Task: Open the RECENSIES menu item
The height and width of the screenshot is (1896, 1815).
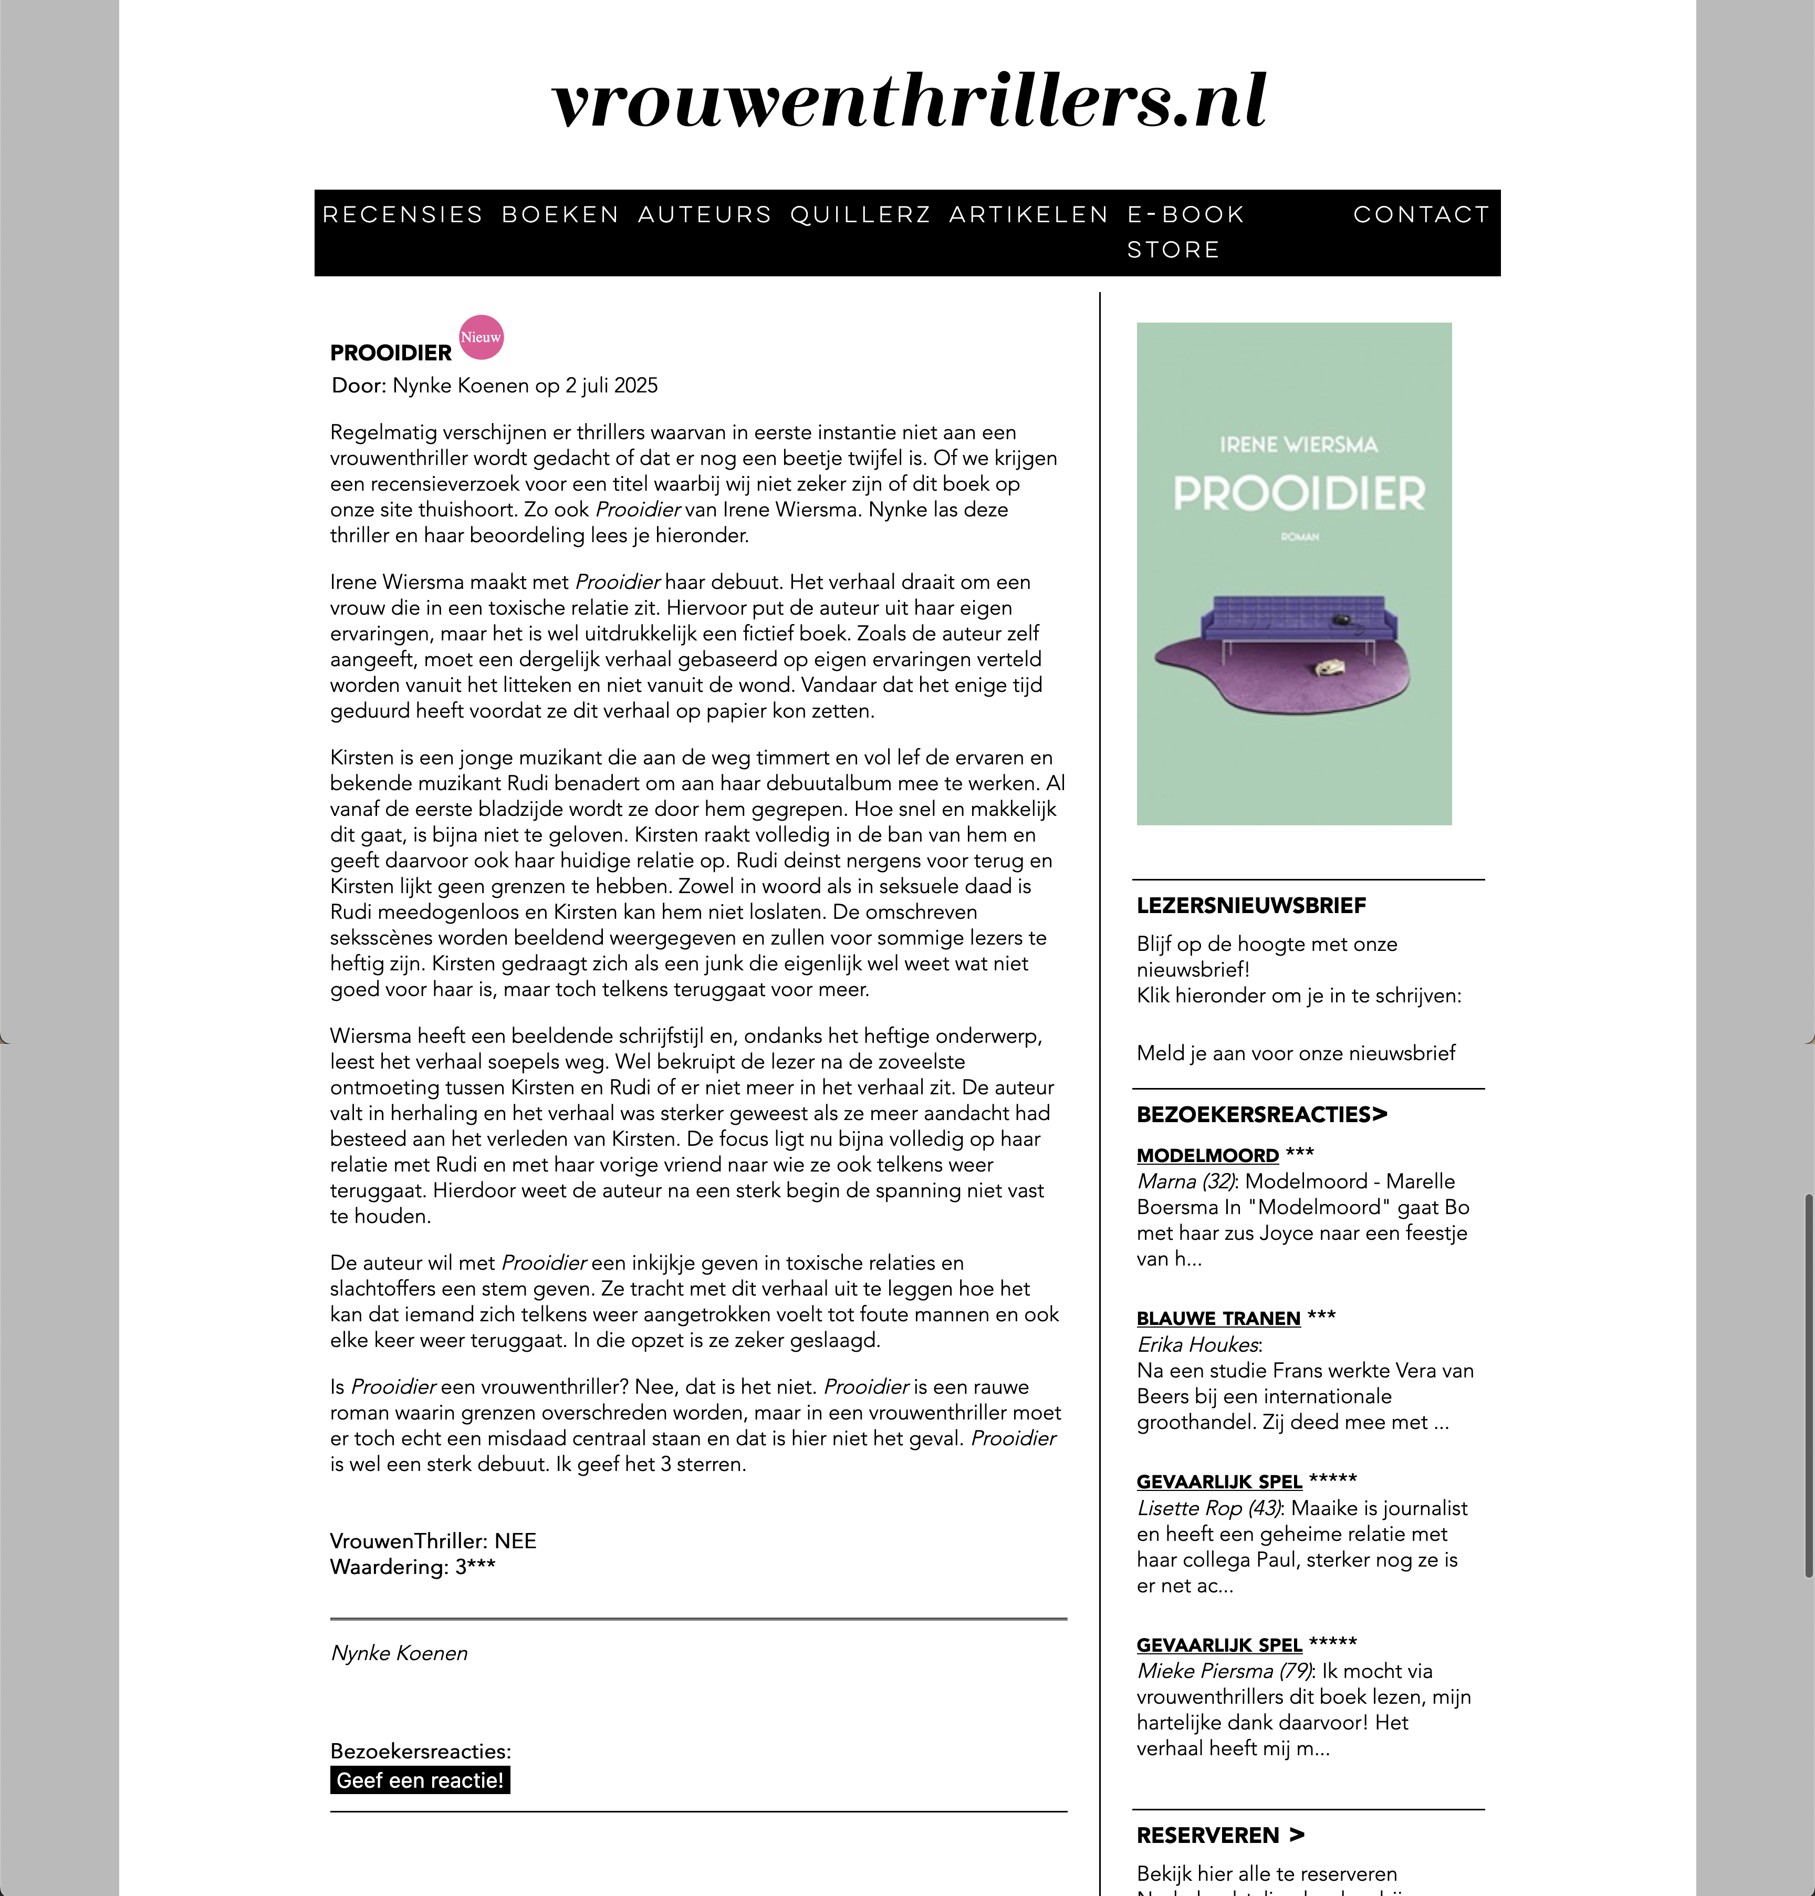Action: pos(402,215)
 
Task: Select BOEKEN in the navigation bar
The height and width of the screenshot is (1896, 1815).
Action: pos(560,215)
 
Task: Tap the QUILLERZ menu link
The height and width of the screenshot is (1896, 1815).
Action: pos(860,215)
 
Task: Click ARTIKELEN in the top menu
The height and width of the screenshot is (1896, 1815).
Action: pos(1028,215)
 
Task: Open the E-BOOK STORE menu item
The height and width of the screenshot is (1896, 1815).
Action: pos(1185,232)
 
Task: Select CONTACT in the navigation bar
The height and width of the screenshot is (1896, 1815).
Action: pos(1421,215)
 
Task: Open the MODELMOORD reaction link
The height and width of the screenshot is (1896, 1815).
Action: pos(1207,1156)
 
